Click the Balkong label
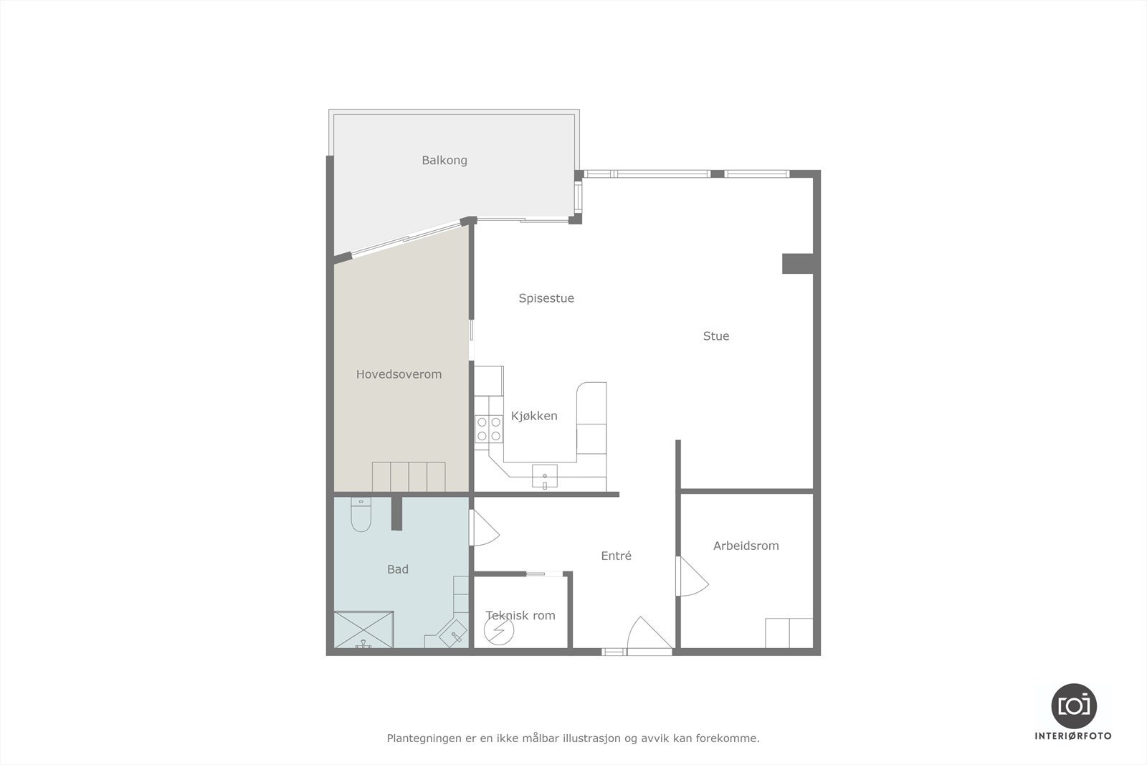point(444,160)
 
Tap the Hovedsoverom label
point(399,374)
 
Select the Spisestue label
point(546,298)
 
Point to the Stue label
point(715,336)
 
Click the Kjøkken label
point(534,416)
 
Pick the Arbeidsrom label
point(746,546)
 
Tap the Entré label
point(616,556)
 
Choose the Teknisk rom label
point(520,615)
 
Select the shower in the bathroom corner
point(364,629)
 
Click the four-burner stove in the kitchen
point(489,429)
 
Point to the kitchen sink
point(545,475)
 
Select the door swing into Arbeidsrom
point(693,576)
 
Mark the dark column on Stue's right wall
point(797,263)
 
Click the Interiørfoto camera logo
point(1073,705)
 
